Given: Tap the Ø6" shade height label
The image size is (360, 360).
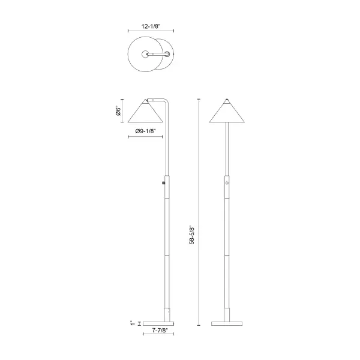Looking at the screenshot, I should pos(118,111).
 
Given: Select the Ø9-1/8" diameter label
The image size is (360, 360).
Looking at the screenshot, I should pos(146,131).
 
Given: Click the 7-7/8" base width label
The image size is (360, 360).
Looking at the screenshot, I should pos(159,331).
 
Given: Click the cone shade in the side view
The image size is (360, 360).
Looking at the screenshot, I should pos(145,112).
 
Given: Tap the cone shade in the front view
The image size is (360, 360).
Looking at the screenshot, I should pos(227,112).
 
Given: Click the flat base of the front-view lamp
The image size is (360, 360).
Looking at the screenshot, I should pos(227,322).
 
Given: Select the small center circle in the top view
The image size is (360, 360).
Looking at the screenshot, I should pos(146,55).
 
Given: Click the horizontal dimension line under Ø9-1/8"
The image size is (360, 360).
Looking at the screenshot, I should pos(146,137).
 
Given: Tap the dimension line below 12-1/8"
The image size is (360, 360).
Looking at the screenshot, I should pos(151,32).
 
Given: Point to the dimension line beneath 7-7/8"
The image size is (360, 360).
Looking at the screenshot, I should pos(159,335).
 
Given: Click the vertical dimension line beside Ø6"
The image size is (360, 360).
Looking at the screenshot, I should pos(123,111).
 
